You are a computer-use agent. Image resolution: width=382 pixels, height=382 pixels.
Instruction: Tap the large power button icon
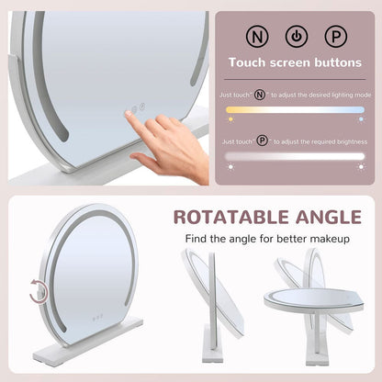tap(297, 38)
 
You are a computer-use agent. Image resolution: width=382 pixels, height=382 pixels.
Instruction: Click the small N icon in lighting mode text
tap(261, 94)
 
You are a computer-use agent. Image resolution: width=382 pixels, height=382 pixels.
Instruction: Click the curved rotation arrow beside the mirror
tap(38, 293)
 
